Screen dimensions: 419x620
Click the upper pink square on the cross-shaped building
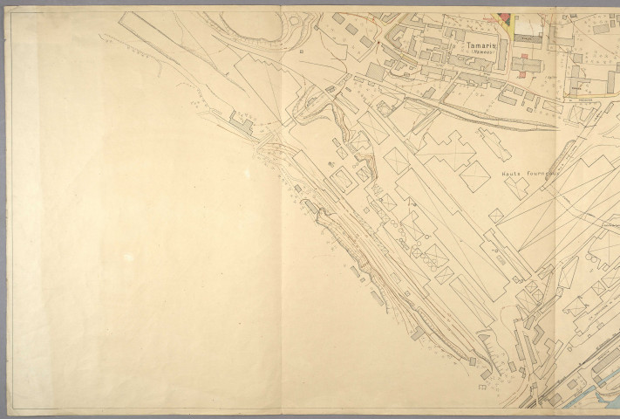pyautogui.click(x=522, y=58)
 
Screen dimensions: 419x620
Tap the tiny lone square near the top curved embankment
pyautogui.click(x=300, y=52)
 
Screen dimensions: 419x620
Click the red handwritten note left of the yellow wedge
pyautogui.click(x=475, y=14)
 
